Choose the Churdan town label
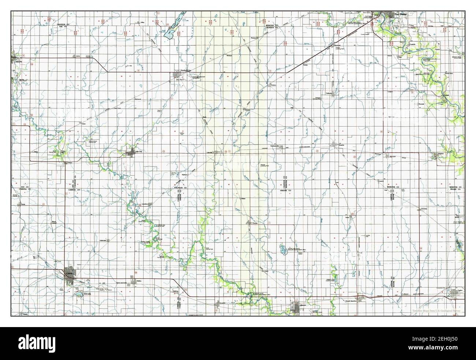[x=255, y=223]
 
